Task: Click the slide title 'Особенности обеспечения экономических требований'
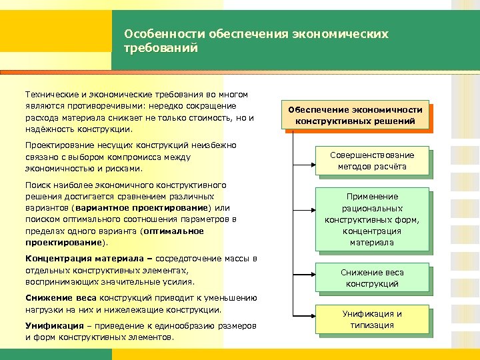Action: (x=256, y=41)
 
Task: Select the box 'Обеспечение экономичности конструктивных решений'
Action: (x=355, y=115)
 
